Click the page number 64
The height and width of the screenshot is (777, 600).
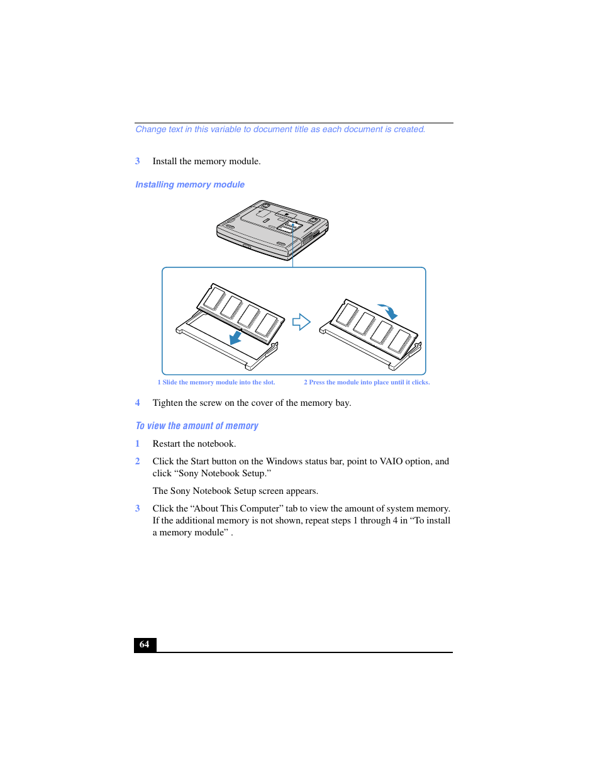[145, 644]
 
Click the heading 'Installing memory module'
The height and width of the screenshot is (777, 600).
[190, 184]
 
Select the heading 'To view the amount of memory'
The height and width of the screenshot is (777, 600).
[197, 426]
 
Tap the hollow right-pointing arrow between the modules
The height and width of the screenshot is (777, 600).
[301, 322]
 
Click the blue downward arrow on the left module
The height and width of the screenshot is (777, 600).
[236, 337]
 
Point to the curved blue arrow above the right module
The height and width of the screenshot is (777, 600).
[388, 310]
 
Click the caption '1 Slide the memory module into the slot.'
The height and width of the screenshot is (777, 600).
[216, 383]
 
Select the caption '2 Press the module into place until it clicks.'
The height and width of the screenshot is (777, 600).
[367, 383]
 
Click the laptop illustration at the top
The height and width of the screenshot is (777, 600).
[272, 229]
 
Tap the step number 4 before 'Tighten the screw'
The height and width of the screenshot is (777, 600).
[138, 403]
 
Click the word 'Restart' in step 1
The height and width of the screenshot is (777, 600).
[169, 444]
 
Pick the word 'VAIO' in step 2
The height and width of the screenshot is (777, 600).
[391, 461]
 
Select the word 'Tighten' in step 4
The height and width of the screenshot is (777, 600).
[167, 403]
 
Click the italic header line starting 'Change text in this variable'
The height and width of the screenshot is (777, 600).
[281, 130]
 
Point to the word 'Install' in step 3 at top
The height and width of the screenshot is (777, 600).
[165, 161]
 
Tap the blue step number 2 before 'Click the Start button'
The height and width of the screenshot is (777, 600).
[138, 461]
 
